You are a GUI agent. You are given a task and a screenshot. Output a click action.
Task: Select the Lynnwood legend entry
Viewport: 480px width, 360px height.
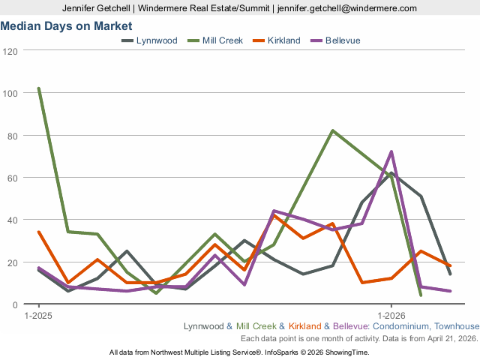[x=156, y=40]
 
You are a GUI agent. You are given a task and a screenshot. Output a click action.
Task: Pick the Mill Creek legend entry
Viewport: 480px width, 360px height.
[x=222, y=40]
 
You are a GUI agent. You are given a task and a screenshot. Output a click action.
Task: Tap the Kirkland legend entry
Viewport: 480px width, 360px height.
[x=283, y=40]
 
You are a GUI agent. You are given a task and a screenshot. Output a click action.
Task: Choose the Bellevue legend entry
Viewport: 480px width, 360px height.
[x=343, y=40]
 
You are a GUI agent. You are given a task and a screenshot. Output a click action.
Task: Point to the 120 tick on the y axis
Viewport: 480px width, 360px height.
[x=10, y=51]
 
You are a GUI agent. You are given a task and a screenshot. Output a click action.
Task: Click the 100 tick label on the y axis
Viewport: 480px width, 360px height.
[x=10, y=93]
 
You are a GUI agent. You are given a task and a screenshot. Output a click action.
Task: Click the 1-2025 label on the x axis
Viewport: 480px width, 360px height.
[x=38, y=316]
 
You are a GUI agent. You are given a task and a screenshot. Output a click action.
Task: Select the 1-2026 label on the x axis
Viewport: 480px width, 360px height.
[x=391, y=316]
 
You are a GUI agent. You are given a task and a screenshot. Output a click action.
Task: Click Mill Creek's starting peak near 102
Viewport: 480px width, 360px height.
[x=39, y=88]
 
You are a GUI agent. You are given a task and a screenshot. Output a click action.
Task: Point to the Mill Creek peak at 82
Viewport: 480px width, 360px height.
[x=332, y=130]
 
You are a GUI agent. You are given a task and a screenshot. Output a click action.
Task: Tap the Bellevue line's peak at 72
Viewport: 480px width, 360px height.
[x=391, y=151]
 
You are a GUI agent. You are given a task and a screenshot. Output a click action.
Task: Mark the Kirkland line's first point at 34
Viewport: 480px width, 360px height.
[x=39, y=232]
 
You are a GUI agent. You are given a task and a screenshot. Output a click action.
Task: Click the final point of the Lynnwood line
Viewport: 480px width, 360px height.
[x=450, y=274]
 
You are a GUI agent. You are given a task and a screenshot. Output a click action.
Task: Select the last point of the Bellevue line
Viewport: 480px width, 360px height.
[x=450, y=291]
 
